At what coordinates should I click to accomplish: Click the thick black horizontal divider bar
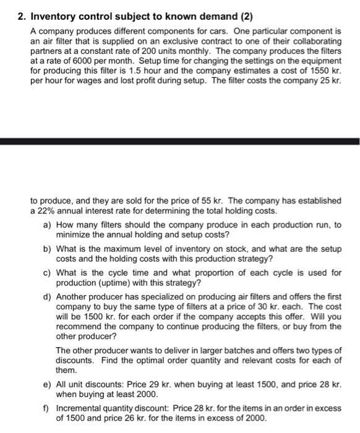coord(179,142)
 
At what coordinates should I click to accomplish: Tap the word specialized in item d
coord(163,296)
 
